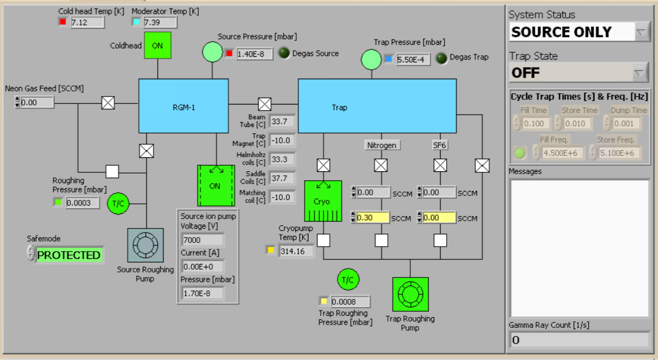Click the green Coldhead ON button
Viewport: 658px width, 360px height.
coord(157,45)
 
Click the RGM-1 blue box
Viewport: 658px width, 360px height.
coord(184,106)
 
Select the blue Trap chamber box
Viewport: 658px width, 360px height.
coord(376,106)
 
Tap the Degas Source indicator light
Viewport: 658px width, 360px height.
coord(284,53)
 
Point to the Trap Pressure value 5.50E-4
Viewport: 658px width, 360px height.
coord(414,59)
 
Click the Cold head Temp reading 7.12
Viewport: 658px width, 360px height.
coord(87,22)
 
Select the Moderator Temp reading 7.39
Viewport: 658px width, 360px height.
coord(160,22)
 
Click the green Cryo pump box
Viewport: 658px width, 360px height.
coord(323,201)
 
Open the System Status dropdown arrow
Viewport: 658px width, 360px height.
coord(641,33)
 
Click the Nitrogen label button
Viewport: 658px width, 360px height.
coord(382,145)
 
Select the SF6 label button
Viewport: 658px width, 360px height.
coord(439,145)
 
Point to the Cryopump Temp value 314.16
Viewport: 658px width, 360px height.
coord(296,251)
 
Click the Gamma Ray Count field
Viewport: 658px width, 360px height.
coord(579,340)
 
